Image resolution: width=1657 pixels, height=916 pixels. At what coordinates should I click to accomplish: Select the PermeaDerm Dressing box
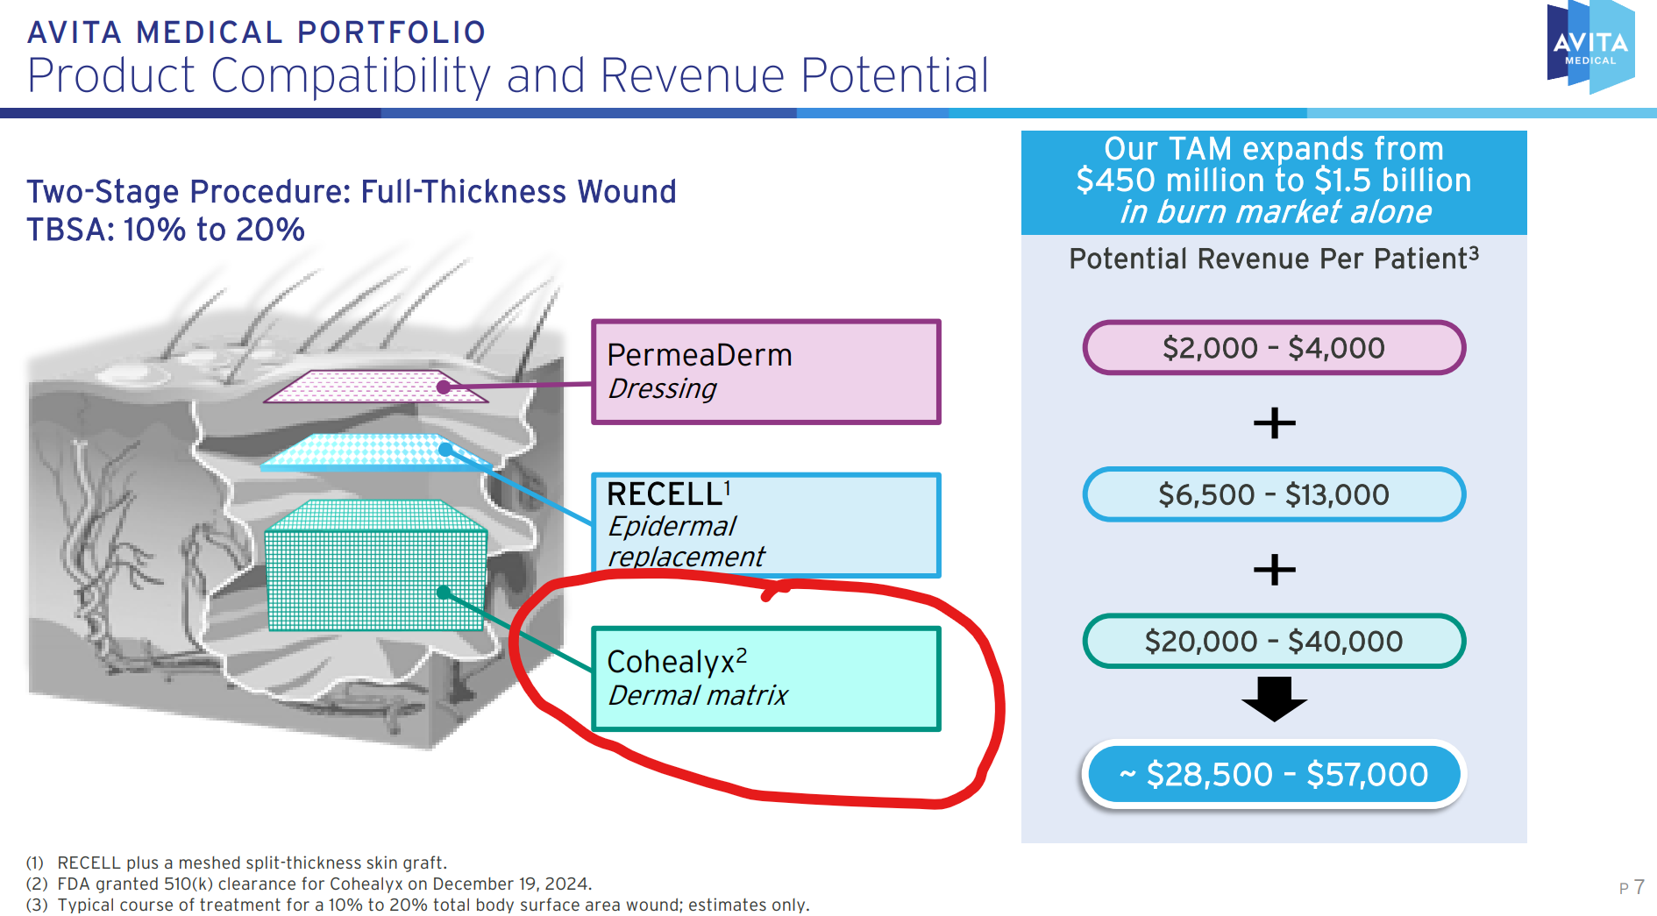[766, 372]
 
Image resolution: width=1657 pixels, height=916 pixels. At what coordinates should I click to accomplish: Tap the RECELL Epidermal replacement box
[766, 525]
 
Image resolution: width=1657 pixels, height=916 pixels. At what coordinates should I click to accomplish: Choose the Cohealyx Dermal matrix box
[766, 678]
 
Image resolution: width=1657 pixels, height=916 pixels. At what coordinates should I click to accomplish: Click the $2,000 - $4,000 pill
[1274, 348]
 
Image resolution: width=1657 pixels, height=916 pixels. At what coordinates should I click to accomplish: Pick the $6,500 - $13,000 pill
[1274, 494]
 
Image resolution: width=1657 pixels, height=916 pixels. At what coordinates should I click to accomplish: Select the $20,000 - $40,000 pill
[1274, 641]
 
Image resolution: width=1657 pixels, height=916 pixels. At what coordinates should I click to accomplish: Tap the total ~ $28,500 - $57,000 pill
[1274, 774]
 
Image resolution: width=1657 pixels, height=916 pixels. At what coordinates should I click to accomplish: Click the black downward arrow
[1274, 699]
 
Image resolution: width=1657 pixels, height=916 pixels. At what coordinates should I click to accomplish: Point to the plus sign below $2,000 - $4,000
[1275, 422]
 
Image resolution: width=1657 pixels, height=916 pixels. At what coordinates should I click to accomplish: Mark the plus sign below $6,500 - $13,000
[1275, 570]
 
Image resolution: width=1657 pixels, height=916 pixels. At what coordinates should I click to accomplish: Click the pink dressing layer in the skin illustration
[375, 387]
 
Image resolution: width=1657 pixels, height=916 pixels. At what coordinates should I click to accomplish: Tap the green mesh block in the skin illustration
[375, 565]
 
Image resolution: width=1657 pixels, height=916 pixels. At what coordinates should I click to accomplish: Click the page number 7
[1639, 887]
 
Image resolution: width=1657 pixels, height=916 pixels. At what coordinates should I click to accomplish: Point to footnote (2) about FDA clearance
[309, 884]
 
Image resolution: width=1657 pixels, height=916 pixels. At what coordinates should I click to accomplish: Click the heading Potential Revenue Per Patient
[1274, 259]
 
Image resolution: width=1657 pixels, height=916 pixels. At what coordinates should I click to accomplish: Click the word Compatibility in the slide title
[351, 76]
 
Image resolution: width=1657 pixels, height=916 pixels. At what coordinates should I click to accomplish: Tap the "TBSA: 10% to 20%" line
[166, 230]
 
